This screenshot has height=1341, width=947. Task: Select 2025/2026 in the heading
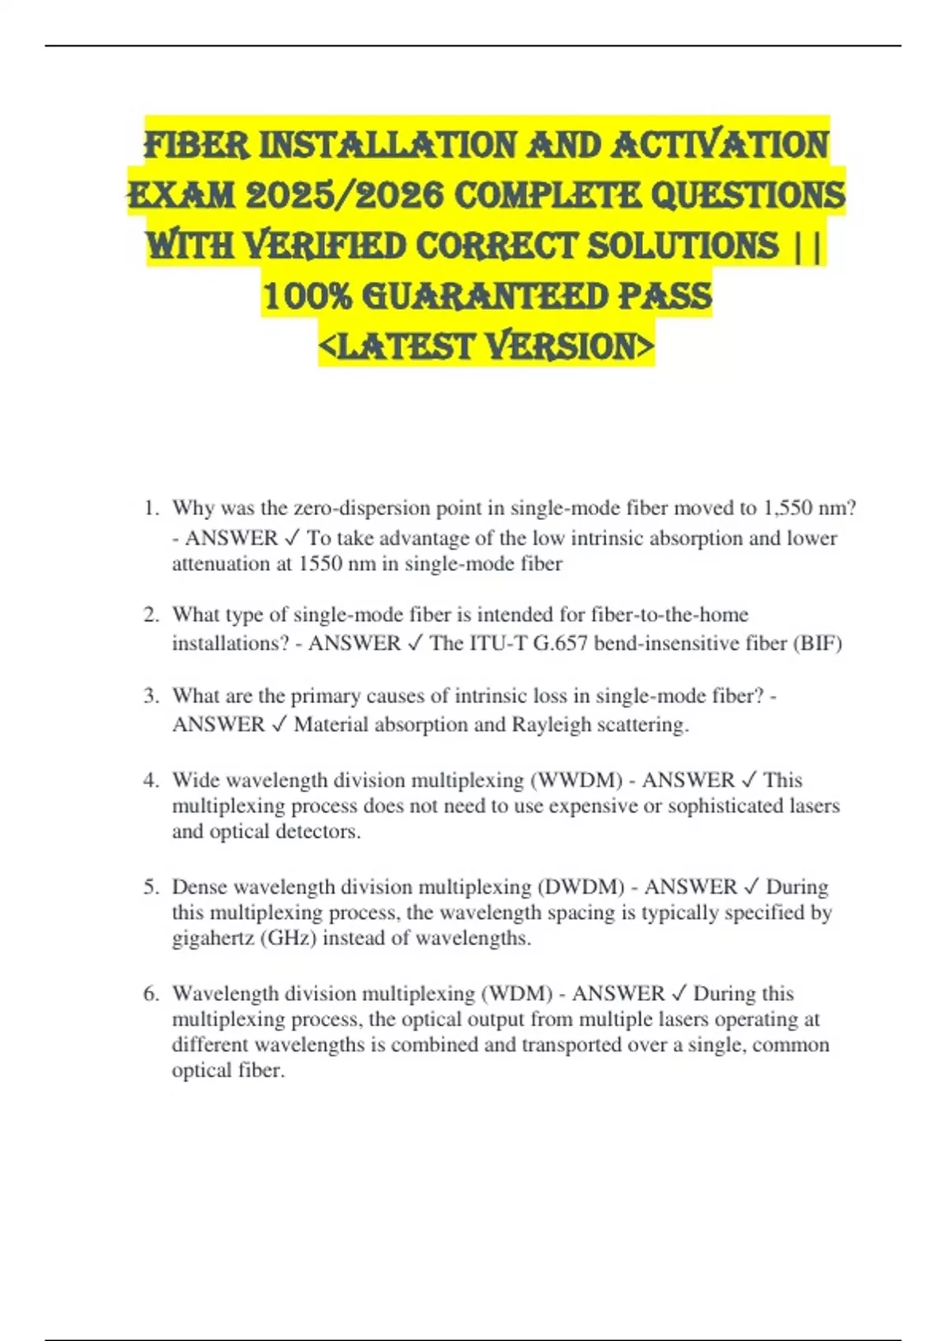[x=344, y=195]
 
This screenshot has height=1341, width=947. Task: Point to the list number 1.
[x=150, y=508]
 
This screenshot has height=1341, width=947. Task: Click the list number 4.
[x=150, y=780]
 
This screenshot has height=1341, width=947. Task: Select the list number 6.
[x=150, y=993]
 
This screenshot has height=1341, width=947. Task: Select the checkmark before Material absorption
[x=279, y=724]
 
